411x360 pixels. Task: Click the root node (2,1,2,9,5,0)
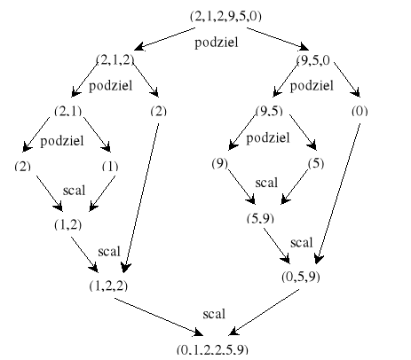pyautogui.click(x=225, y=16)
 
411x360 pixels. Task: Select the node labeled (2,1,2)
pyautogui.click(x=115, y=59)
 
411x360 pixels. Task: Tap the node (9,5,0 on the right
pyautogui.click(x=313, y=60)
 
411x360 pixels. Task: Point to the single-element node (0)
pyautogui.click(x=360, y=112)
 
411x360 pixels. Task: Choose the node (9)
pyautogui.click(x=220, y=163)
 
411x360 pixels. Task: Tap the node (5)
pyautogui.click(x=316, y=163)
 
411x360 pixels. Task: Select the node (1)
pyautogui.click(x=110, y=167)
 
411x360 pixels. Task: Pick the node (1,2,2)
pyautogui.click(x=108, y=286)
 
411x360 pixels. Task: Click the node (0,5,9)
pyautogui.click(x=301, y=277)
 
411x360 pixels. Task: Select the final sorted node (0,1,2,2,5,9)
pyautogui.click(x=212, y=349)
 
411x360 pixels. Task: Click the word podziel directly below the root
pyautogui.click(x=217, y=43)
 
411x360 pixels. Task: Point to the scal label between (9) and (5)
pyautogui.click(x=266, y=183)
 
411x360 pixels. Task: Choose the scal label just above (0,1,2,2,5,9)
pyautogui.click(x=214, y=314)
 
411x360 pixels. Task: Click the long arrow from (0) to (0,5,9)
pyautogui.click(x=338, y=193)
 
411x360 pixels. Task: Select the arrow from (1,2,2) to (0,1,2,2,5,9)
pyautogui.click(x=159, y=317)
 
